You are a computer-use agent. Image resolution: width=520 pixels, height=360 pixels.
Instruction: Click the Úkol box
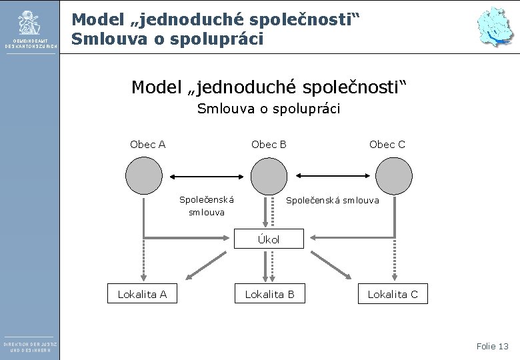tap(269, 239)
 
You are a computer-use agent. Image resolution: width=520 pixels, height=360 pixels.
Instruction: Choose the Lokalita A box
tap(142, 294)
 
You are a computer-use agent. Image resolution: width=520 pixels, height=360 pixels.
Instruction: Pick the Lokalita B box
tap(269, 294)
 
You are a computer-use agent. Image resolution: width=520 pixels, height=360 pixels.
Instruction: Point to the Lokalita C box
tap(393, 294)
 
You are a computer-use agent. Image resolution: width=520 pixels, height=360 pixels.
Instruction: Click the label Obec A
tap(148, 144)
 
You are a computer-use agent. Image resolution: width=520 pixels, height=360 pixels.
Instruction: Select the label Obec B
tap(269, 144)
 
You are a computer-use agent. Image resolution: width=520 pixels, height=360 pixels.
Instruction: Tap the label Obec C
tap(387, 144)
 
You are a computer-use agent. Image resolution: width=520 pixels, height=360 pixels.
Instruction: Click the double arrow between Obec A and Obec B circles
tap(206, 176)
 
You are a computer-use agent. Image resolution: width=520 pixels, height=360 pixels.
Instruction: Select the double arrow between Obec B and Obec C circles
tap(331, 176)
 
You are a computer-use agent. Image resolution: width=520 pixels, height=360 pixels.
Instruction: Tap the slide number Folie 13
tap(492, 346)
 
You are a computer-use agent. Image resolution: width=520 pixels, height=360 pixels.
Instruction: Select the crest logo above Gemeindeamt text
tap(29, 23)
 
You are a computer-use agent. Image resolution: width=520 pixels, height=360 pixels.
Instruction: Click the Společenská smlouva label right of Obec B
tap(332, 199)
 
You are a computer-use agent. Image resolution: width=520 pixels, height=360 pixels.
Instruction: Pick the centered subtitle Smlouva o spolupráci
tap(269, 109)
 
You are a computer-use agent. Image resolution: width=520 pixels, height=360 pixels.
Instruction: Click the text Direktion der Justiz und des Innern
tap(30, 347)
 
